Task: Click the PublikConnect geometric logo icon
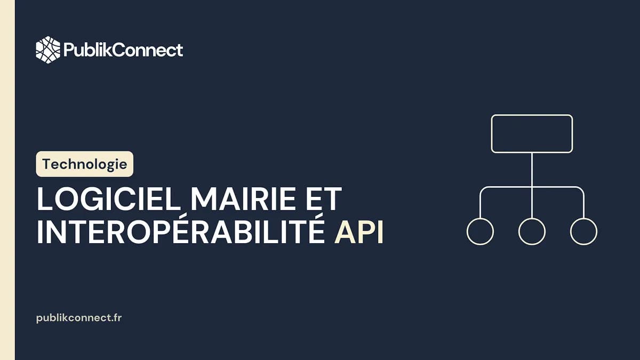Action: (48, 50)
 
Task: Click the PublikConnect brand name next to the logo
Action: (123, 50)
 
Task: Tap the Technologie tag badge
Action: (85, 164)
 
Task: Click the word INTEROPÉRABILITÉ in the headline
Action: (180, 234)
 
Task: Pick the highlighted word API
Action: (358, 234)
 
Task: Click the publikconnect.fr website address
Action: (79, 317)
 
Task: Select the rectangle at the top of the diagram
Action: (532, 134)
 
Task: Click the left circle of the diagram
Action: (480, 231)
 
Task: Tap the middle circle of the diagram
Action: (532, 231)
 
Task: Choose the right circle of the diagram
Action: (583, 231)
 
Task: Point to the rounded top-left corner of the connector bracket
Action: (483, 189)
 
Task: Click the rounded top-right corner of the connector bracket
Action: (581, 189)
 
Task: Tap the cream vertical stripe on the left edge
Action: (7, 180)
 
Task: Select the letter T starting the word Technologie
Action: (46, 164)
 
